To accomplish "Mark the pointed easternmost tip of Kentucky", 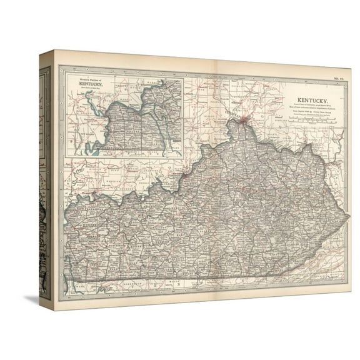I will [349, 216].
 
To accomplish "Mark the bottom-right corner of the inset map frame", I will [182, 156].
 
